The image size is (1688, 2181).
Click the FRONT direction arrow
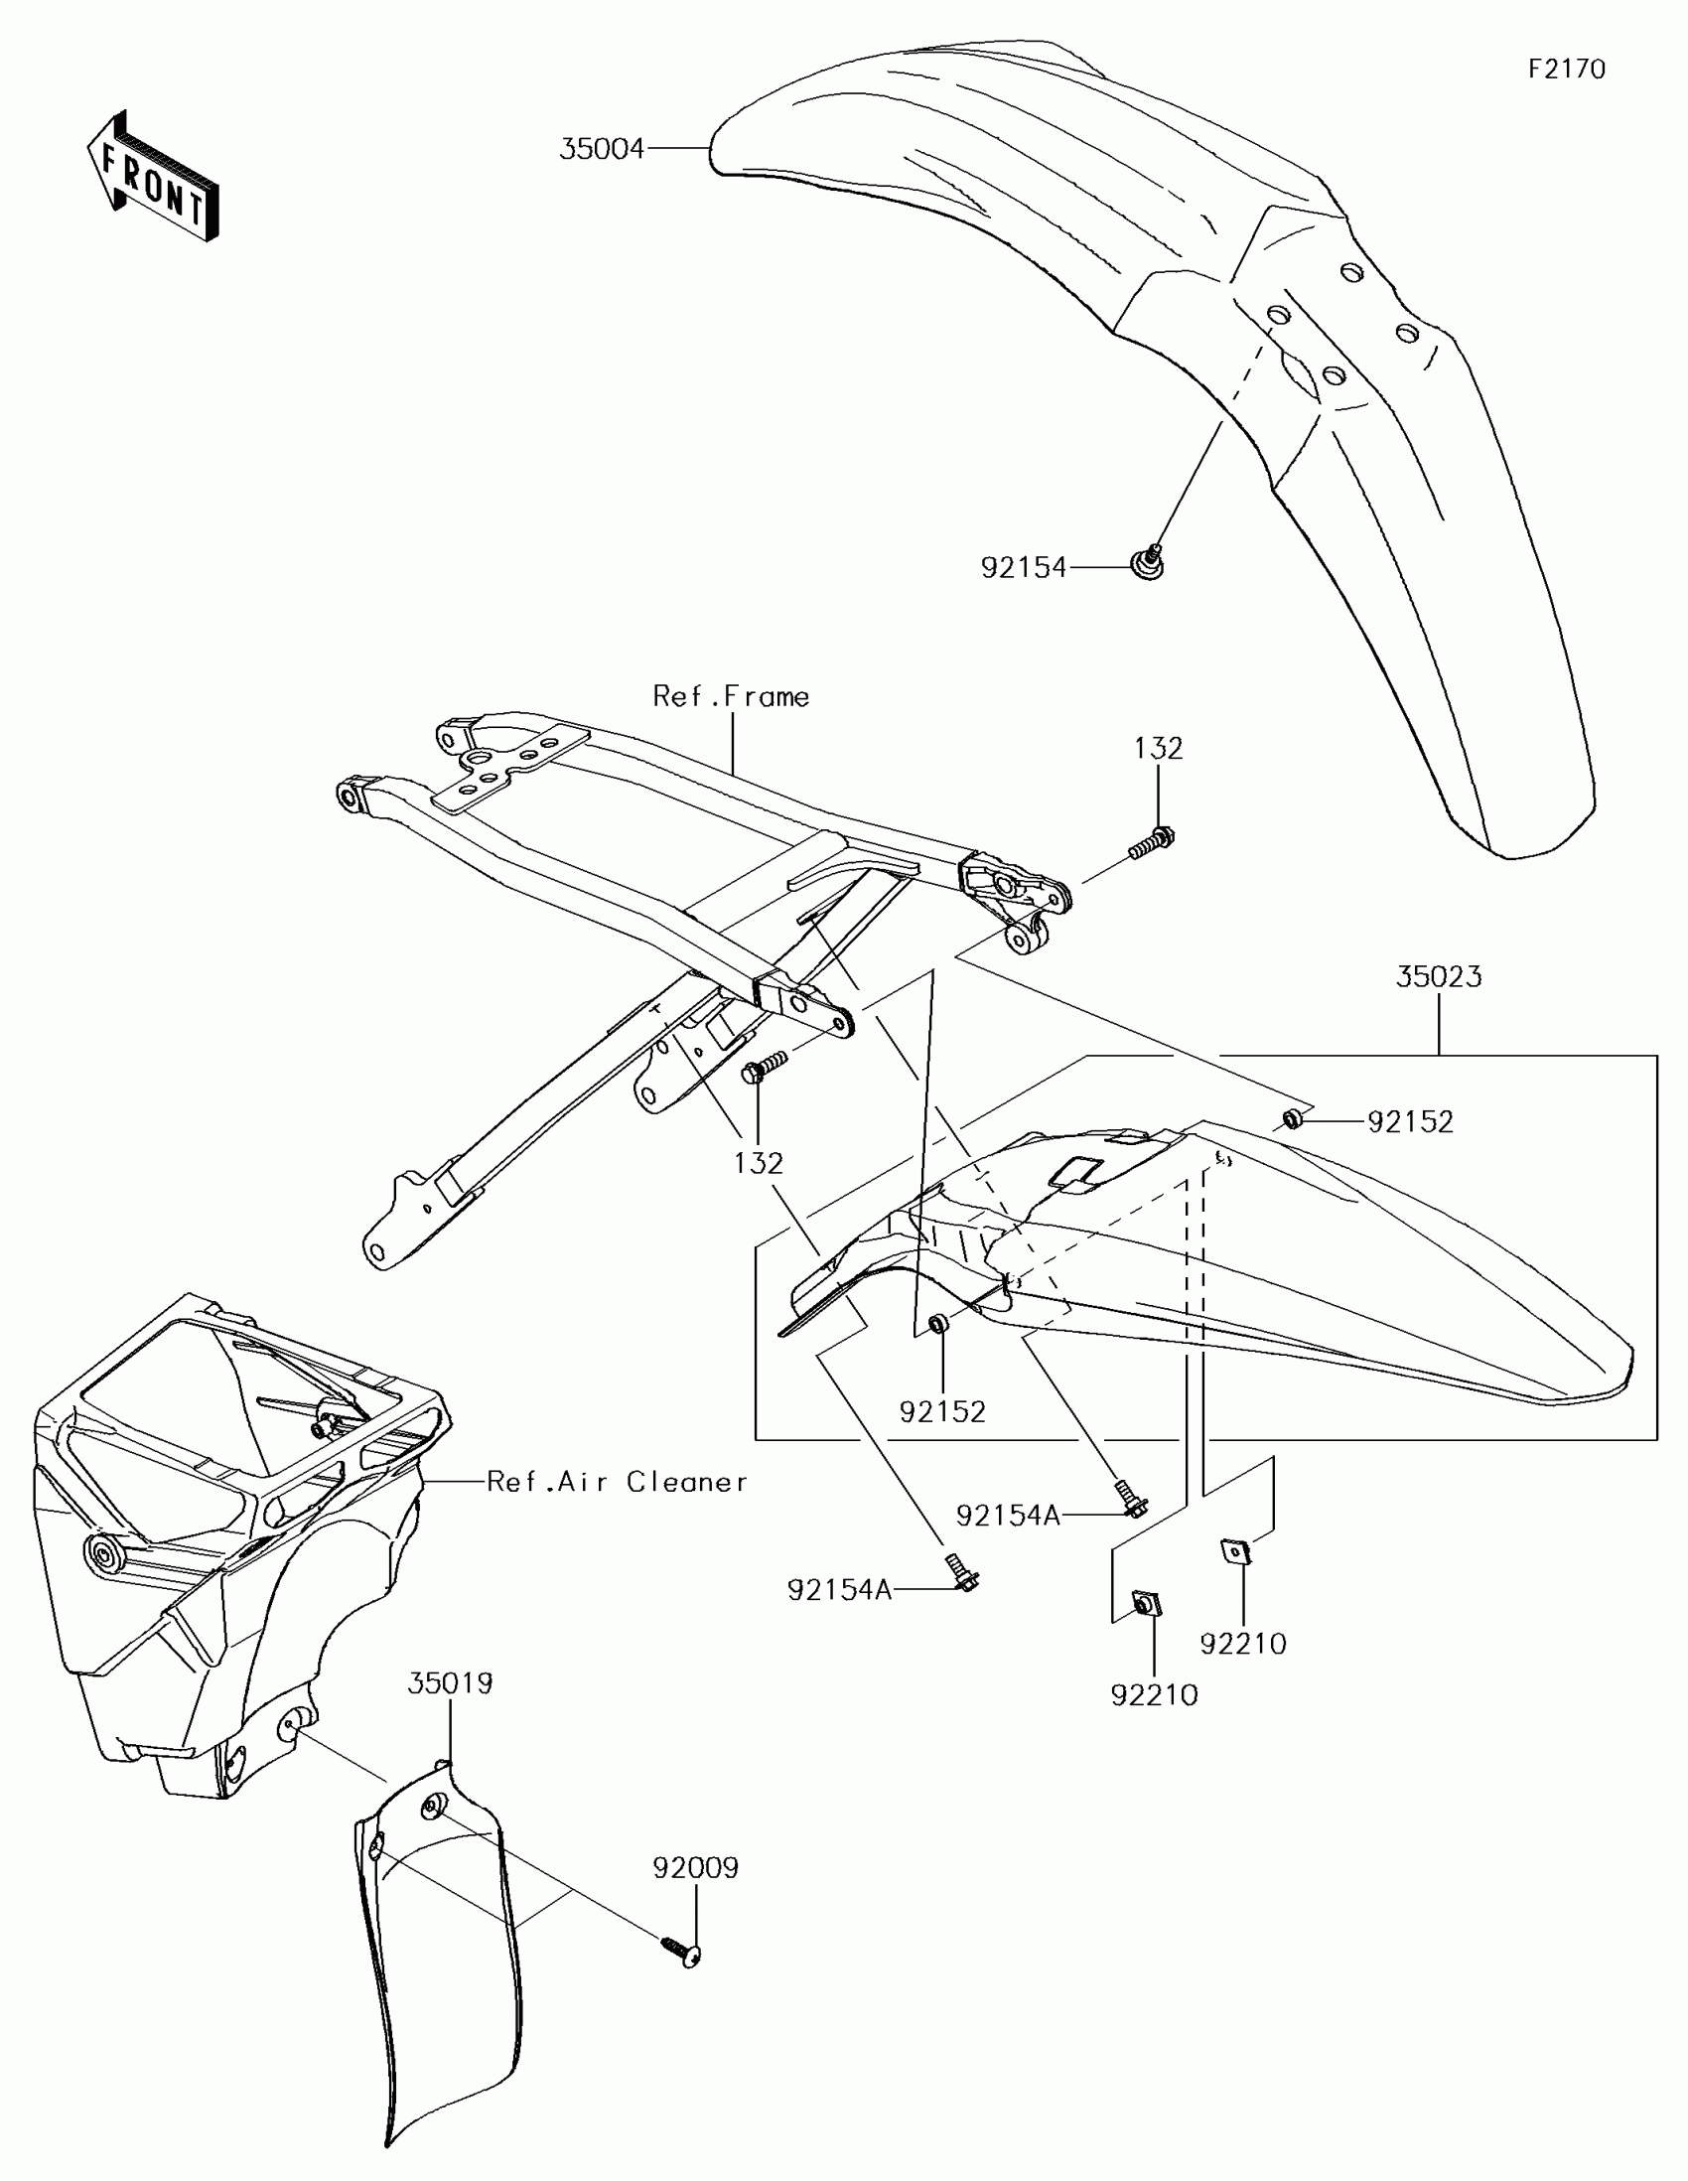tap(152, 176)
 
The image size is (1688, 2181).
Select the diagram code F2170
tap(1566, 69)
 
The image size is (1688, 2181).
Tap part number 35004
tap(602, 150)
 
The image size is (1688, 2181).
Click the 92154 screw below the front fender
tap(1149, 563)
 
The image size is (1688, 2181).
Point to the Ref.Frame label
tap(731, 696)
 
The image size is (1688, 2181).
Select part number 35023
tap(1439, 976)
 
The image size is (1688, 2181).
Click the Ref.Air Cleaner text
tap(617, 1482)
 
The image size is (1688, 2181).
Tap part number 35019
tap(450, 1683)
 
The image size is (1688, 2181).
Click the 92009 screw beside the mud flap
tap(682, 1951)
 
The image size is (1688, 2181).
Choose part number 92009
tap(696, 1867)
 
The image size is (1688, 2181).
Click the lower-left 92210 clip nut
tap(1144, 1605)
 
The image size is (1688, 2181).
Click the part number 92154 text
tap(1023, 568)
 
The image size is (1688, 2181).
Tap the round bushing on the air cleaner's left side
tap(101, 1554)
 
